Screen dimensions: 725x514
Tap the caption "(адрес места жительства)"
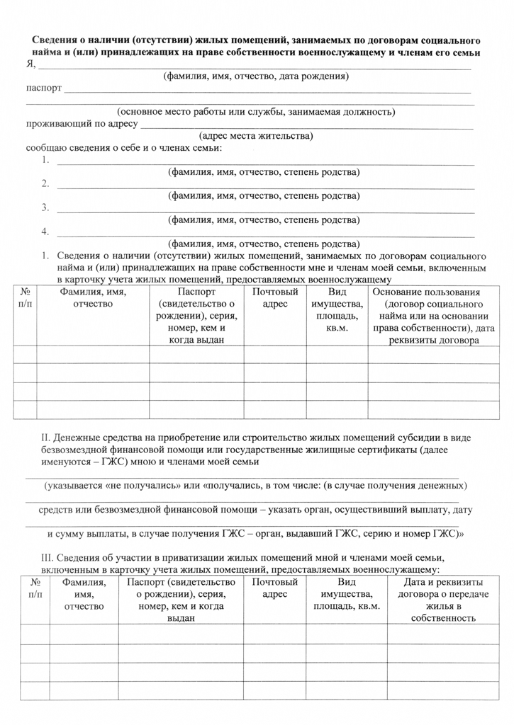coord(256,135)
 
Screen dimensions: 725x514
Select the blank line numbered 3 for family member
coord(265,211)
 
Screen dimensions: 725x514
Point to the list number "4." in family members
coord(45,232)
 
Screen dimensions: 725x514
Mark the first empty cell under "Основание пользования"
coord(426,355)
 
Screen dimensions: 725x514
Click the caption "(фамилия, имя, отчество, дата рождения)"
coord(256,76)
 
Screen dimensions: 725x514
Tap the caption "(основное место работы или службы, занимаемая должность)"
coord(256,112)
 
